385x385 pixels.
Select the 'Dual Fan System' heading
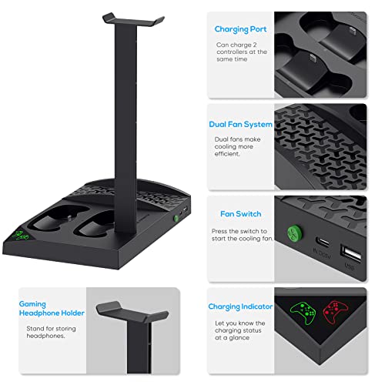click(x=240, y=124)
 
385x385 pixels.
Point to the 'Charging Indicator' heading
click(x=240, y=306)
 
